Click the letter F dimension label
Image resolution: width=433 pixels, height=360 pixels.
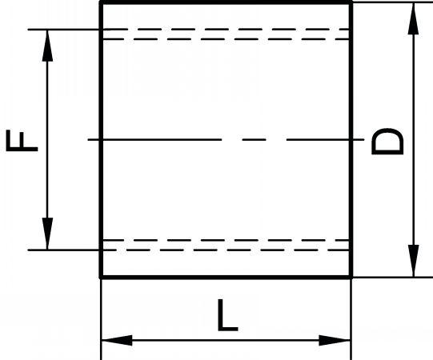pyautogui.click(x=22, y=141)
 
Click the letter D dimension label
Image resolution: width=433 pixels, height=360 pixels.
pyautogui.click(x=387, y=141)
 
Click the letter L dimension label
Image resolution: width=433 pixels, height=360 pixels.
pyautogui.click(x=227, y=315)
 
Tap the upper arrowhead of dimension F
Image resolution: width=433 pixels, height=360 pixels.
pyautogui.click(x=47, y=46)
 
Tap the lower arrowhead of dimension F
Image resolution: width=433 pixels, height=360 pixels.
pyautogui.click(x=47, y=234)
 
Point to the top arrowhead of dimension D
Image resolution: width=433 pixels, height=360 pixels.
pyautogui.click(x=413, y=18)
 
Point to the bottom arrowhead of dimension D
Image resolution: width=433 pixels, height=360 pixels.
pyautogui.click(x=413, y=261)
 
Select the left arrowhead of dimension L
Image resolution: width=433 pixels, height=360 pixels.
pyautogui.click(x=117, y=340)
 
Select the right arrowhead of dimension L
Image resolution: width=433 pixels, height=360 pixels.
pyautogui.click(x=335, y=340)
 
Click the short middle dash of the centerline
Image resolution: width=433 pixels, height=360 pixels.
pyautogui.click(x=254, y=140)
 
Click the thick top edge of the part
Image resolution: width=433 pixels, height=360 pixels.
pyautogui.click(x=226, y=2)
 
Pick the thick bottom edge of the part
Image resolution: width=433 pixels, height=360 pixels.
pyautogui.click(x=226, y=277)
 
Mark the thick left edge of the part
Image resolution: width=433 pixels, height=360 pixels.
pyautogui.click(x=101, y=140)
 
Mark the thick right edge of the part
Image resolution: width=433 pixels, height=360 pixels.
pyautogui.click(x=351, y=140)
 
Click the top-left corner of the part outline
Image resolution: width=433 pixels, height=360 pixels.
pyautogui.click(x=101, y=2)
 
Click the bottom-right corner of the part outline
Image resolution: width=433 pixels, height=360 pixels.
pyautogui.click(x=351, y=277)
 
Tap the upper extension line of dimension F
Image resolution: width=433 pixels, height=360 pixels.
pyautogui.click(x=63, y=30)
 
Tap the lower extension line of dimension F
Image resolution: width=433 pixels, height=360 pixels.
pyautogui.click(x=63, y=250)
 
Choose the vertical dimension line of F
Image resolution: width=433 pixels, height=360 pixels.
pyautogui.click(x=47, y=140)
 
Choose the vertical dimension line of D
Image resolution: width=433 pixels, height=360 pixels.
pyautogui.click(x=413, y=140)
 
